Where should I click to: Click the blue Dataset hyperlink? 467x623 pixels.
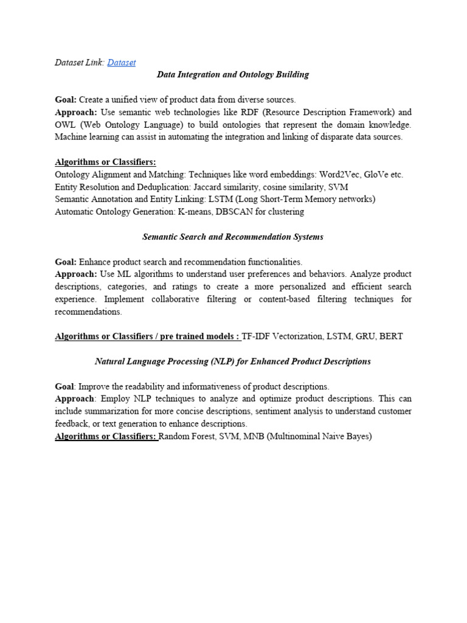click(121, 62)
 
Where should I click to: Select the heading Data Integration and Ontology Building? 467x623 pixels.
click(233, 74)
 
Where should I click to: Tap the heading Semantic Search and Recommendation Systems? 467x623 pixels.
click(233, 237)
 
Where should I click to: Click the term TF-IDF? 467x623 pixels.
click(257, 336)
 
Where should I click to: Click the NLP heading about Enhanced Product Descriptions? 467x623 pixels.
click(233, 361)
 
